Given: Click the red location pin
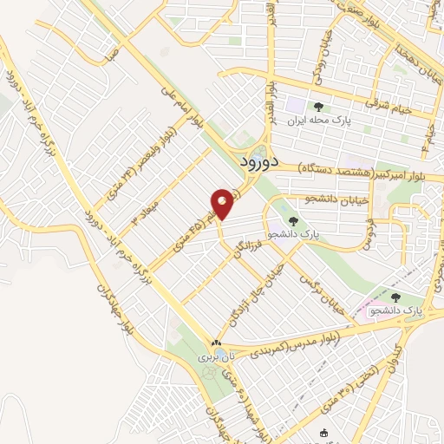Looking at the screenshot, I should pos(223,205).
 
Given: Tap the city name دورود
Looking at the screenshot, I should pos(258,161).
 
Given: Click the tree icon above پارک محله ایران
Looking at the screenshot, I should pos(319,107).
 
